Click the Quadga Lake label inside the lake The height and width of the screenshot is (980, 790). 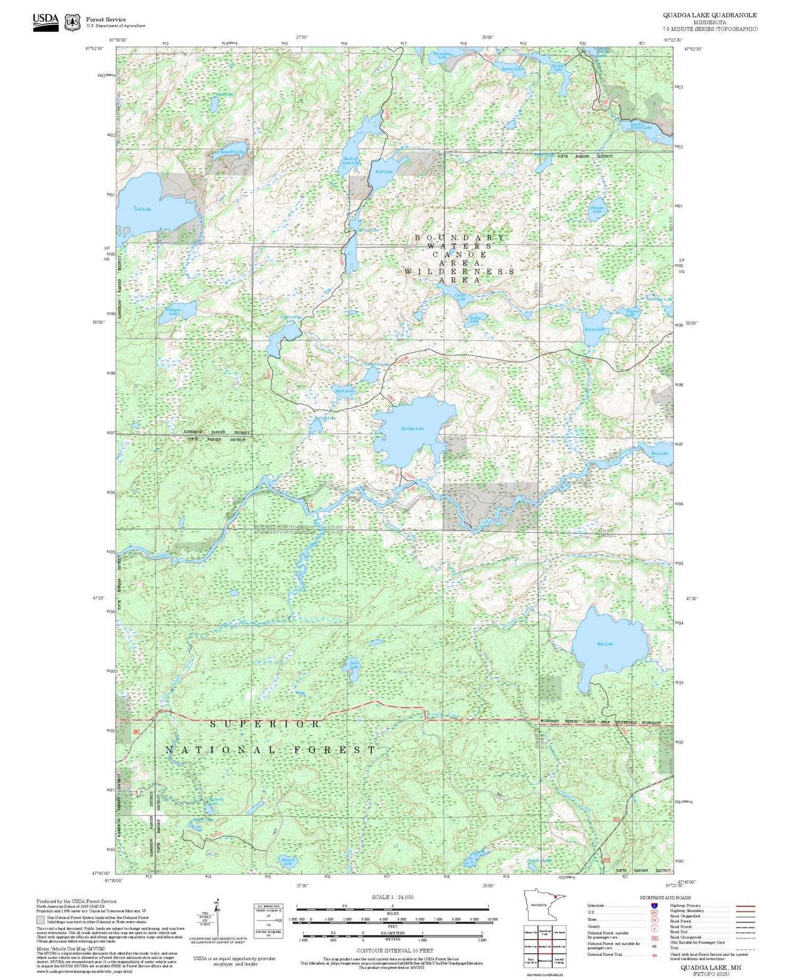[412, 428]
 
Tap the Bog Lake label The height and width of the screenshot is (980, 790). [605, 644]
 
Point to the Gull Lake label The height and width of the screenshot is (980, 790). [142, 209]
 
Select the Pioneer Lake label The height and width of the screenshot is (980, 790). [597, 209]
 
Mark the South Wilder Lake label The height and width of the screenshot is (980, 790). [641, 126]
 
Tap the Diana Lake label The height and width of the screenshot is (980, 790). [594, 329]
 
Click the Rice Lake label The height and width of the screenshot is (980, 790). [659, 453]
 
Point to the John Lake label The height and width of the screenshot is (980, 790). [354, 665]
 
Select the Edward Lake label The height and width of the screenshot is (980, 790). [288, 862]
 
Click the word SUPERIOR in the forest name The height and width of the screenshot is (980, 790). [265, 724]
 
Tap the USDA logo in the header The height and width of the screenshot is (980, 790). [46, 22]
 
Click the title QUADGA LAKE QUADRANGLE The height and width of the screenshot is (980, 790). [709, 15]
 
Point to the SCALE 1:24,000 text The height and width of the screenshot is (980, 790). [392, 897]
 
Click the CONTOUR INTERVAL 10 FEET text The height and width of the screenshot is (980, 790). [394, 951]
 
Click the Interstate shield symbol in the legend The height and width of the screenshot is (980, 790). [654, 905]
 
